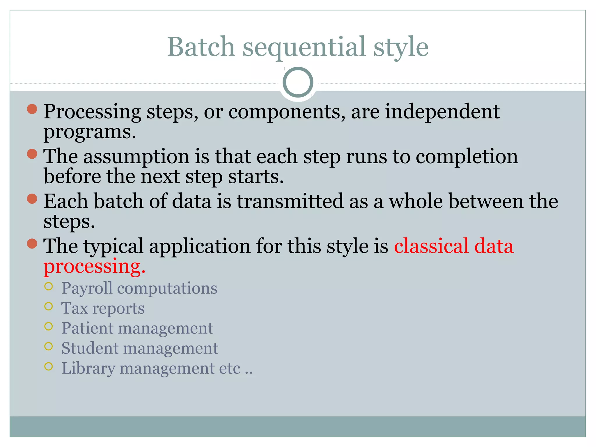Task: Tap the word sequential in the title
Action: tap(304, 47)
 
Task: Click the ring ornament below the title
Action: tap(298, 82)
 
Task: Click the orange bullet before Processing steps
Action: tap(32, 109)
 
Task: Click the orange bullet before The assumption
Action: tap(32, 154)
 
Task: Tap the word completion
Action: tap(466, 157)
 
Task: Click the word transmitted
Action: tap(290, 201)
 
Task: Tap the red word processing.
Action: tap(94, 267)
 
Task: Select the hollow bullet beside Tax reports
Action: tap(49, 306)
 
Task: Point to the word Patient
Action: tap(87, 328)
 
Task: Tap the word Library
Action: tap(88, 368)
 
